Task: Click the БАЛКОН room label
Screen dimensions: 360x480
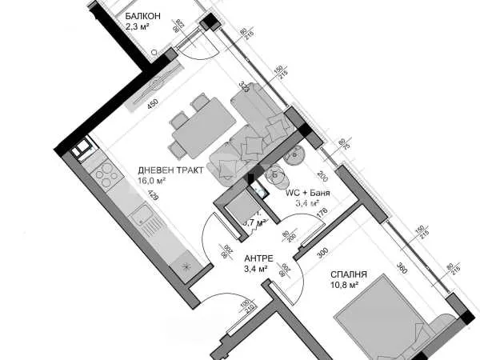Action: (x=143, y=16)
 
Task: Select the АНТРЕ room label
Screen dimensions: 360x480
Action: (x=258, y=258)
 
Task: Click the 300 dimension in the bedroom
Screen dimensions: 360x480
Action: (x=322, y=253)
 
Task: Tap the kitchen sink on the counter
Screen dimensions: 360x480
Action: (x=142, y=214)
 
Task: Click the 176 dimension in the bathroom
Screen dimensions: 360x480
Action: (x=322, y=211)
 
